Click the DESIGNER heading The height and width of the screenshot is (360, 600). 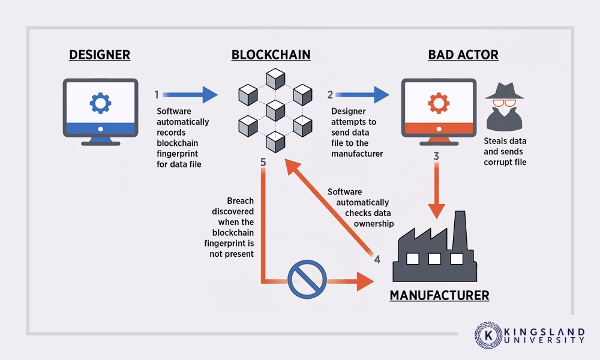pyautogui.click(x=100, y=55)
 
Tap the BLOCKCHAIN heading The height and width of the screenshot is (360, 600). pyautogui.click(x=271, y=55)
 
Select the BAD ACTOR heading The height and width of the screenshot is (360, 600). pyautogui.click(x=463, y=55)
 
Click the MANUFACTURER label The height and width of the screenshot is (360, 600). pyautogui.click(x=439, y=295)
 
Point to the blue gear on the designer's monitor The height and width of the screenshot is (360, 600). pyautogui.click(x=100, y=103)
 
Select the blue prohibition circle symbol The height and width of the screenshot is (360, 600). pyautogui.click(x=307, y=280)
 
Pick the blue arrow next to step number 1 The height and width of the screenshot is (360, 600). pyautogui.click(x=190, y=94)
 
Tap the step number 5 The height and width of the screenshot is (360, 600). pyautogui.click(x=263, y=162)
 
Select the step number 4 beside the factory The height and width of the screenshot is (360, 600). pyautogui.click(x=377, y=260)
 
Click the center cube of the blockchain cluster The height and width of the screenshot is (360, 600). pyautogui.click(x=275, y=109)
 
